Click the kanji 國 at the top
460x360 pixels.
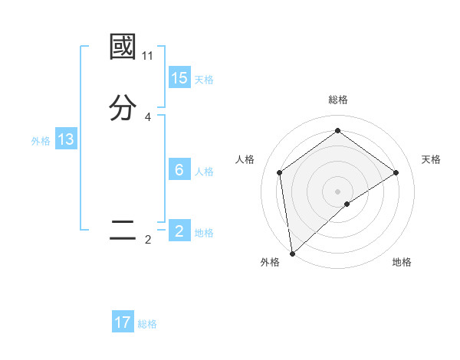pyautogui.click(x=123, y=47)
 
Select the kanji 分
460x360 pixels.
pyautogui.click(x=123, y=108)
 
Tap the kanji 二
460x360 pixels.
pyautogui.click(x=123, y=231)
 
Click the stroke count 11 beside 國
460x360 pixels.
pyautogui.click(x=147, y=56)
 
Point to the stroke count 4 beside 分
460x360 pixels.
pyautogui.click(x=147, y=117)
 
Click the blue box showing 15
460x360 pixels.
pyautogui.click(x=179, y=78)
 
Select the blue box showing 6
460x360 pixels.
pyautogui.click(x=179, y=170)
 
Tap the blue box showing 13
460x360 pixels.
pyautogui.click(x=66, y=139)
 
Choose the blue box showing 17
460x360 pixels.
pyautogui.click(x=123, y=322)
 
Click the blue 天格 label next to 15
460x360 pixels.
pyautogui.click(x=204, y=80)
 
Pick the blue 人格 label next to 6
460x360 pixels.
pyautogui.click(x=204, y=172)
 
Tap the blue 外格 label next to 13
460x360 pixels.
pyautogui.click(x=41, y=141)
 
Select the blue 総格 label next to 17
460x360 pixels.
pyautogui.click(x=147, y=324)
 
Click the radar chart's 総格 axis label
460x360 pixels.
pyautogui.click(x=338, y=100)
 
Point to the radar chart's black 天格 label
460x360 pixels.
pyautogui.click(x=431, y=159)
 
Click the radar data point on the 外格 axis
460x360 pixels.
pyautogui.click(x=291, y=253)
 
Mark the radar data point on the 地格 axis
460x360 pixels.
pyautogui.click(x=347, y=204)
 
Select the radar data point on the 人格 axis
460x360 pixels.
pyautogui.click(x=280, y=172)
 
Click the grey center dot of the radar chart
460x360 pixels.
pyautogui.click(x=338, y=191)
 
